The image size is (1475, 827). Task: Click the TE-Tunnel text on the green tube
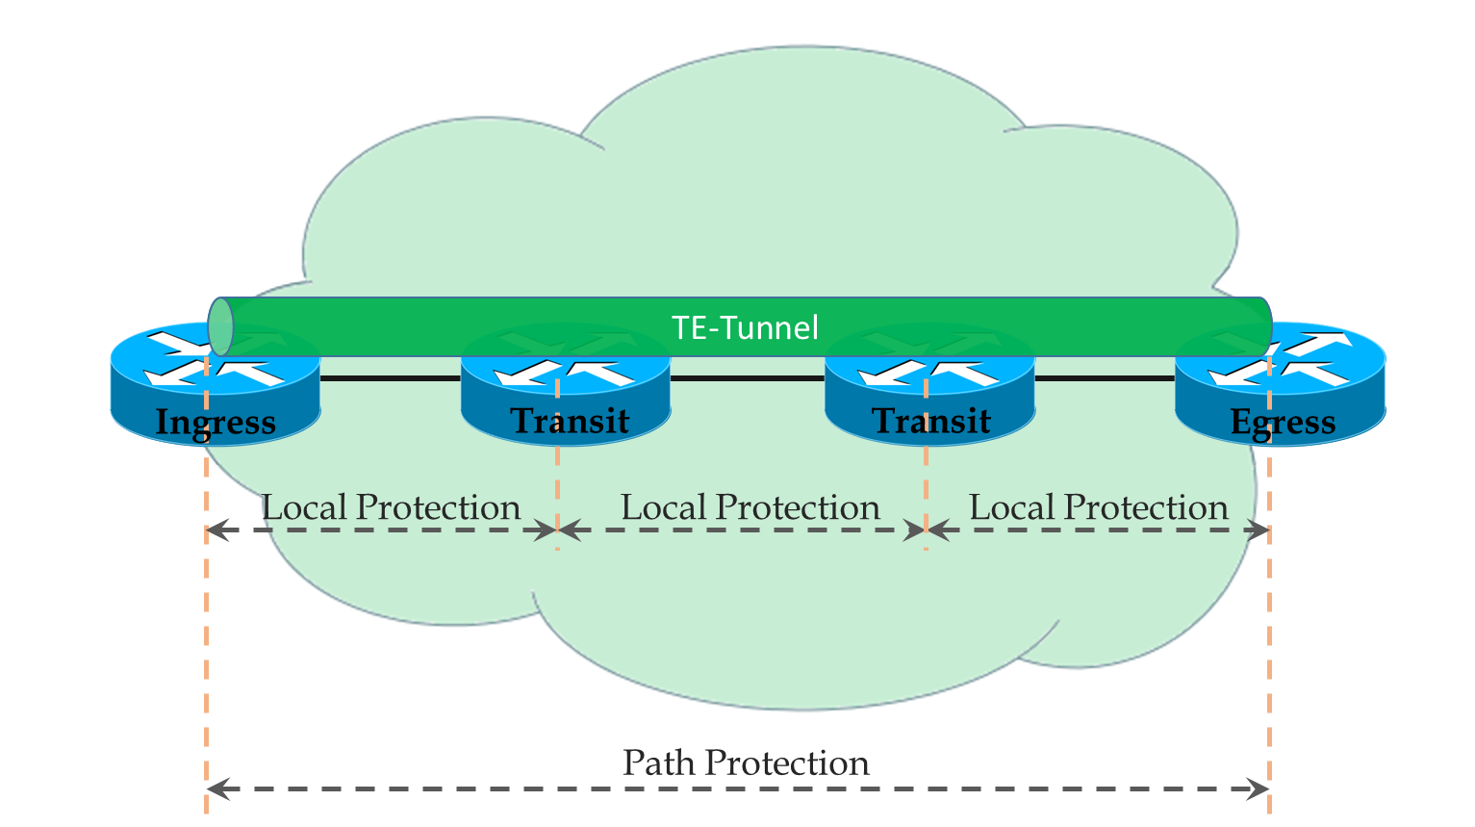point(745,327)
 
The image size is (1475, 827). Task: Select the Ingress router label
point(216,423)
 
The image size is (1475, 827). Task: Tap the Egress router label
point(1283,423)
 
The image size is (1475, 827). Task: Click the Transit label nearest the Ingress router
point(570,421)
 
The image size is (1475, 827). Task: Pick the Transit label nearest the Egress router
point(931,421)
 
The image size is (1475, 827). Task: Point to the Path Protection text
point(746,763)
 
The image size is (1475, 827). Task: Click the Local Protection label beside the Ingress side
point(392,507)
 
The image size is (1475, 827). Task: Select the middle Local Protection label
point(750,507)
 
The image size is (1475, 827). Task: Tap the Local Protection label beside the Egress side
point(1099,507)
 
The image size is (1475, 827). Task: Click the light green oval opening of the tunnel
point(220,326)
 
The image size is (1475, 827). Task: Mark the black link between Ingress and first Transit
point(391,378)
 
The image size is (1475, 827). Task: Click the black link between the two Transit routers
point(748,378)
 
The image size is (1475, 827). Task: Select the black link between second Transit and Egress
point(1105,378)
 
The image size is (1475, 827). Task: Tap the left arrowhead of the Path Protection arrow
point(217,788)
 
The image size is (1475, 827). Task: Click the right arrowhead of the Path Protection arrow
point(1258,788)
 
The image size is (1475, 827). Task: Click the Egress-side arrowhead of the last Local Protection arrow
point(1258,530)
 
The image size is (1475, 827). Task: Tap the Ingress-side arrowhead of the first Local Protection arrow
point(217,530)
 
